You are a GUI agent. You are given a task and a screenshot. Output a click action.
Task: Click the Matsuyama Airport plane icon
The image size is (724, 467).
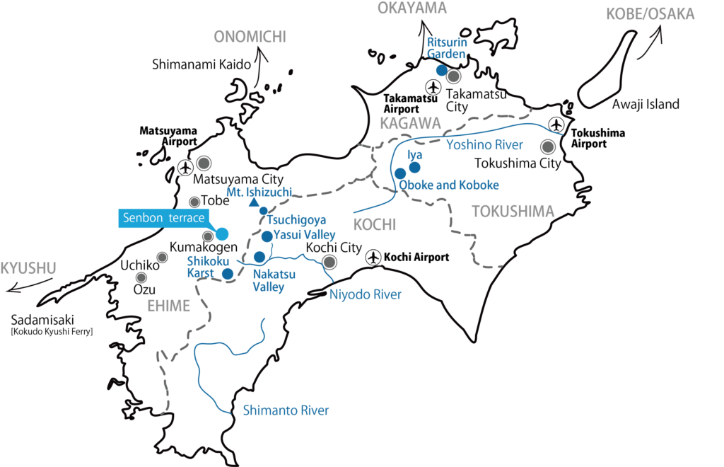click(186, 168)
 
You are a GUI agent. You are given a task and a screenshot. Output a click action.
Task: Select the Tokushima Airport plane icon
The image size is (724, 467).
click(557, 125)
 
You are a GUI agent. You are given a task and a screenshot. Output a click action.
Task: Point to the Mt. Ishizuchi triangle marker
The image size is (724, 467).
click(254, 203)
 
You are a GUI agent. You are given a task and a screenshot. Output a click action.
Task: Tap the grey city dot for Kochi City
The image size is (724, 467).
click(329, 263)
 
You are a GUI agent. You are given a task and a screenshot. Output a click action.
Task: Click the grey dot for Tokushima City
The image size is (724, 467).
click(547, 147)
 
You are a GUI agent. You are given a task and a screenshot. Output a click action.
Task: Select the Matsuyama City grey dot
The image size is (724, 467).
click(204, 163)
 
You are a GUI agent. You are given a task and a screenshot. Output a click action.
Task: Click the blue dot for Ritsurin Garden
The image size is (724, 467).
click(441, 70)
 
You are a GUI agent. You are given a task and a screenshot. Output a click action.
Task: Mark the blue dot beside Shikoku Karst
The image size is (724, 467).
click(228, 274)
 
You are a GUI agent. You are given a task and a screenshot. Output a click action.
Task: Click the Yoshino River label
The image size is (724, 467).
click(484, 145)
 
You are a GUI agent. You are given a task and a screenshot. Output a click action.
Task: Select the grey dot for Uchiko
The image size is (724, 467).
click(141, 277)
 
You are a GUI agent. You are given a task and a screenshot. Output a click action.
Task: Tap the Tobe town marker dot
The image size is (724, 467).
click(194, 202)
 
